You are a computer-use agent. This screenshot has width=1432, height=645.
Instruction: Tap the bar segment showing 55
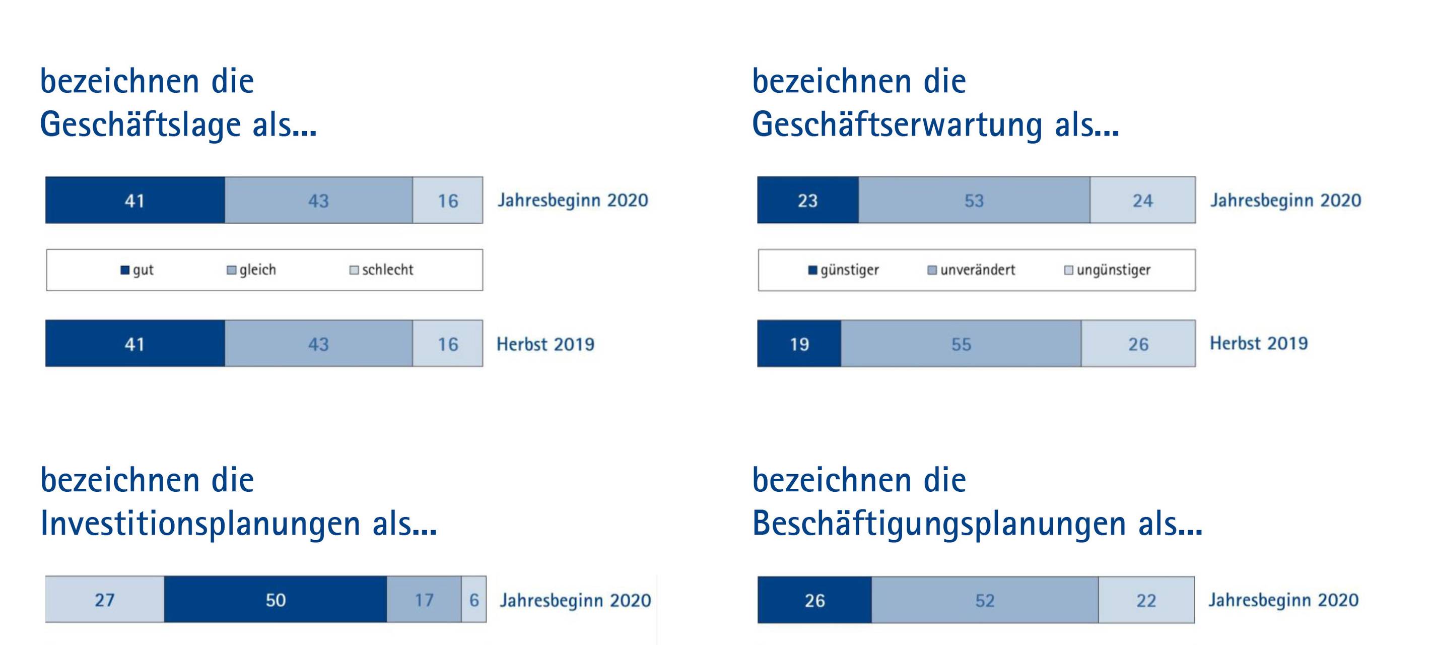961,344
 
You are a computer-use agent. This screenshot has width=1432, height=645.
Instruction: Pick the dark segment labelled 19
799,344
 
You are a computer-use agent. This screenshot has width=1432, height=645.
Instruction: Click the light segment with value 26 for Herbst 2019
1138,344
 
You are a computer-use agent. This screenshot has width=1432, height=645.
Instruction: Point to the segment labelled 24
1142,200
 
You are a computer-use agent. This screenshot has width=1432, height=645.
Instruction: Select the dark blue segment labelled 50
275,600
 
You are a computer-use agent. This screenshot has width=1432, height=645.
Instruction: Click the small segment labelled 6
473,600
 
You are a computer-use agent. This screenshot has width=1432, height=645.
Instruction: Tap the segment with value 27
104,600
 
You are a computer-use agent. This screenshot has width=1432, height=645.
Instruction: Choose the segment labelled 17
424,600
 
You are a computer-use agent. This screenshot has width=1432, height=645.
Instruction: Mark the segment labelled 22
1146,600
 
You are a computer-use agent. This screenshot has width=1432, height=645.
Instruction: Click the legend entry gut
138,270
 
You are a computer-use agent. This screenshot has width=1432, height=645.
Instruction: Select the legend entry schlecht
382,270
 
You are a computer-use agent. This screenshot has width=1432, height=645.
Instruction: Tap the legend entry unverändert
972,270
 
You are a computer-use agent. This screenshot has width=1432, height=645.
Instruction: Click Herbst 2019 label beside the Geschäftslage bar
545,344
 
